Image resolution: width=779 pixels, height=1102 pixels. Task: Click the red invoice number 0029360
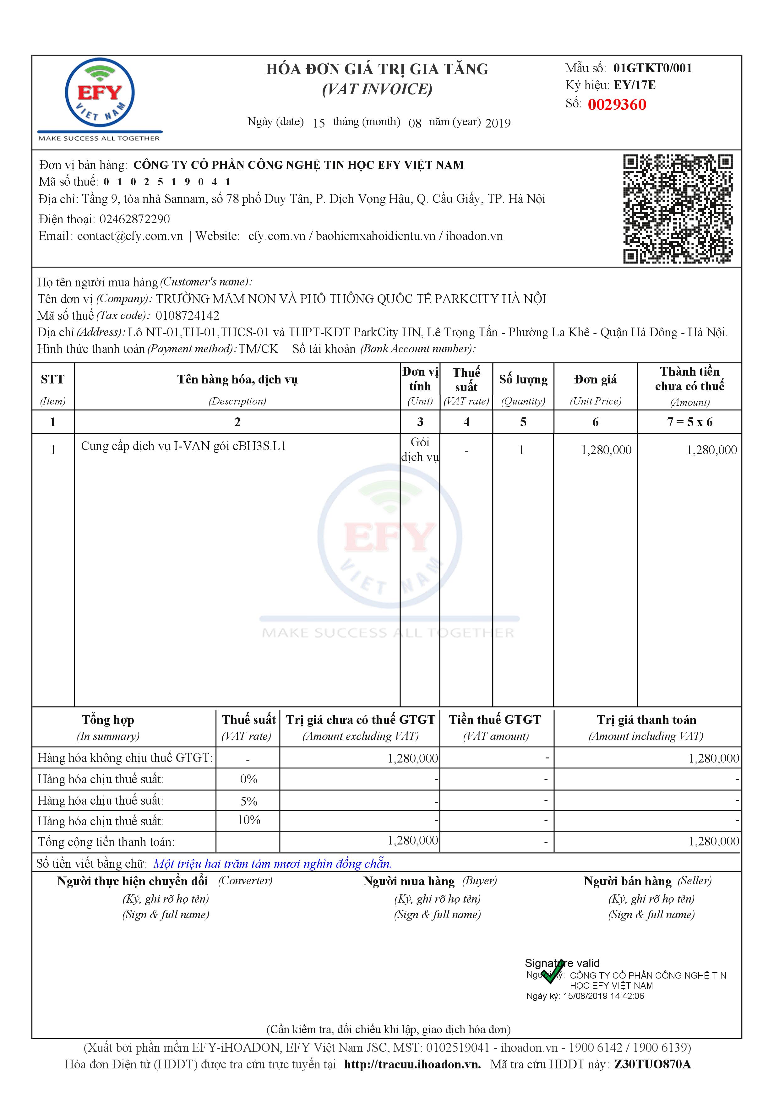pos(617,105)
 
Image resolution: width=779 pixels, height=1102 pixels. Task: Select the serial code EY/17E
pos(635,85)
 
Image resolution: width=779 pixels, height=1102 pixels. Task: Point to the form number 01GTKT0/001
pos(652,68)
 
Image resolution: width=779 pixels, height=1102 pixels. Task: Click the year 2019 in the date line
pos(498,123)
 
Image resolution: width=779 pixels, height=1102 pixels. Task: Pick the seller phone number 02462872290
pos(134,219)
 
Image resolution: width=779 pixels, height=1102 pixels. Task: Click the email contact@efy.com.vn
pos(130,236)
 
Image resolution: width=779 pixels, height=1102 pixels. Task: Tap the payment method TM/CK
pos(258,349)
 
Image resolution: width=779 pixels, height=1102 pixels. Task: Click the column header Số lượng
pos(523,380)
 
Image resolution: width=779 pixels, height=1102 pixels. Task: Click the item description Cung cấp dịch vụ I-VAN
pos(183,446)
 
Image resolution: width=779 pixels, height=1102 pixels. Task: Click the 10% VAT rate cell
pos(249,820)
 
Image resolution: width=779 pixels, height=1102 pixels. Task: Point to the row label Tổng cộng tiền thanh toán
pos(106,842)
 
